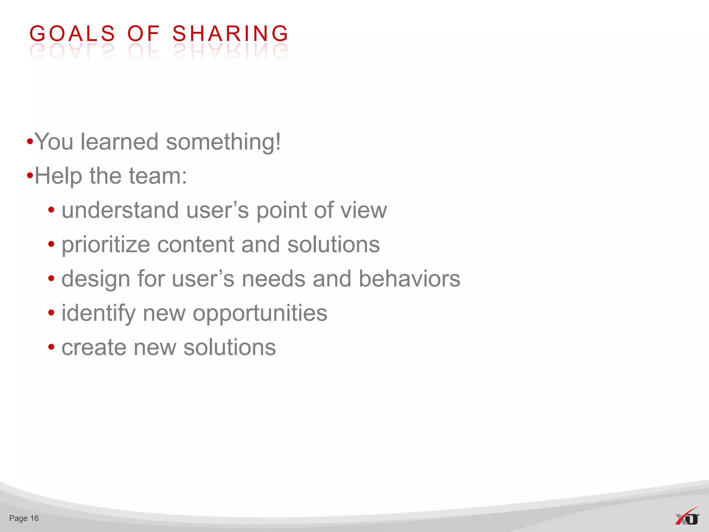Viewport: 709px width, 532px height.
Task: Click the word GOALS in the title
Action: point(72,34)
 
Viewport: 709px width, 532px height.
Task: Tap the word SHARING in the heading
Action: point(230,34)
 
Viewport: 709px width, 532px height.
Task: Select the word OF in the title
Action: point(143,34)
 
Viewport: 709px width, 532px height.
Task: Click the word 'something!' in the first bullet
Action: point(223,142)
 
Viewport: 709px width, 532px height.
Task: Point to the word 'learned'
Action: point(119,142)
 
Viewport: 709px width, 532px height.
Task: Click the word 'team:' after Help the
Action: point(158,176)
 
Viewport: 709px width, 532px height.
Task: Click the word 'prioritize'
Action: point(106,245)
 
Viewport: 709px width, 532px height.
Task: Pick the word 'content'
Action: point(196,245)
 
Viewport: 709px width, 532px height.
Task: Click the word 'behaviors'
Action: point(409,279)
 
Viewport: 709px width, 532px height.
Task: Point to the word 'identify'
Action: point(98,313)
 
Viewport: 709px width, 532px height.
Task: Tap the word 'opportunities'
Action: point(260,313)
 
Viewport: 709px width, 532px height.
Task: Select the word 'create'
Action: point(94,347)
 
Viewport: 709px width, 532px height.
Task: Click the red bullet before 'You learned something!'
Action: point(30,142)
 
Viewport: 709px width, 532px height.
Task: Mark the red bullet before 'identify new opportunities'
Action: point(51,313)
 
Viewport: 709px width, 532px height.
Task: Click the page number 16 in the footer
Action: point(34,518)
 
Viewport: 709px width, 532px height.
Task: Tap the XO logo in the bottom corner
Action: point(687,517)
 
